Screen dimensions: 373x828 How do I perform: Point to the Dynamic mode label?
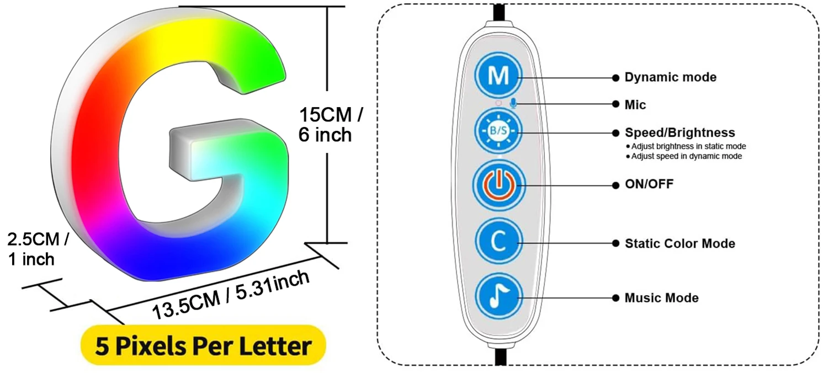click(x=670, y=77)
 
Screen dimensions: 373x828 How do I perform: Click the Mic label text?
click(x=635, y=104)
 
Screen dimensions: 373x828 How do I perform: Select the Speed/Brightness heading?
click(x=680, y=132)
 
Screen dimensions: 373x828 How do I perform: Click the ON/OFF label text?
click(x=649, y=184)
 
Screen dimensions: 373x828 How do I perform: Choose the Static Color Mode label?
click(x=680, y=243)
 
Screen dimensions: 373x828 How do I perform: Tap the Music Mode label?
click(x=661, y=298)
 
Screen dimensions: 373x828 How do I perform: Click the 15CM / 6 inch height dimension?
click(x=330, y=125)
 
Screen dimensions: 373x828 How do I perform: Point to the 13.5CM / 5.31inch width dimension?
click(x=231, y=295)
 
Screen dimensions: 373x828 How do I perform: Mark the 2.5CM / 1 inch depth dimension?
click(x=38, y=249)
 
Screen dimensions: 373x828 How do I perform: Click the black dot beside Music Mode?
click(x=615, y=298)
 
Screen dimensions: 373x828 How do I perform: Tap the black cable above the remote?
click(x=498, y=12)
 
